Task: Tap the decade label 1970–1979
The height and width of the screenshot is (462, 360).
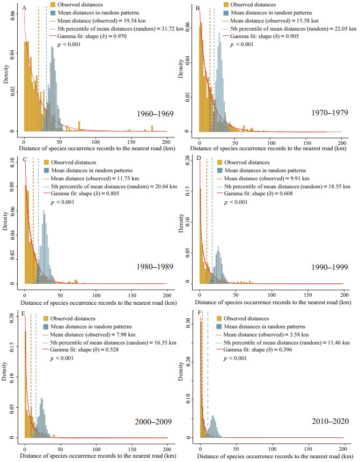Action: [x=320, y=113]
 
